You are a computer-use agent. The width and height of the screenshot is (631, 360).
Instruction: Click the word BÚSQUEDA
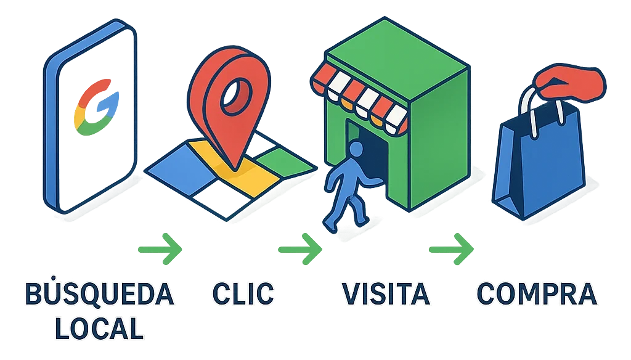tap(99, 295)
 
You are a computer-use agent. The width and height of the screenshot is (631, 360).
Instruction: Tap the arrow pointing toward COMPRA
tap(452, 248)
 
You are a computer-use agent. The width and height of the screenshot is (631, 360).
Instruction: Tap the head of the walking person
tap(356, 149)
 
